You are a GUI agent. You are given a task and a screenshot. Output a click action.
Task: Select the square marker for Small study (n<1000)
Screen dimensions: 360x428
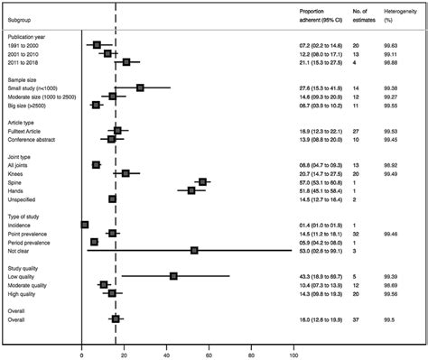[x=141, y=88]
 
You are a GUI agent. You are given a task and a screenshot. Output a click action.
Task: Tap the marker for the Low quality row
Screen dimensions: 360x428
[x=173, y=276]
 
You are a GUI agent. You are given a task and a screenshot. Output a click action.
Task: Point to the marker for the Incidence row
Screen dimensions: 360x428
[x=85, y=225]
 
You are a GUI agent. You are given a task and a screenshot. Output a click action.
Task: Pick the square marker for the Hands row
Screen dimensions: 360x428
[x=191, y=190]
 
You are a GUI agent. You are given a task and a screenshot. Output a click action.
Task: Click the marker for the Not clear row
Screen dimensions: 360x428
[x=194, y=251]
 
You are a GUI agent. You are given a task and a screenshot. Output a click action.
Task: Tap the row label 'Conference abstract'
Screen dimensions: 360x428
[x=35, y=139]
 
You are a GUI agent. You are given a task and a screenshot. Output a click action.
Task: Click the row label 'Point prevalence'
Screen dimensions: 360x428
[x=33, y=234]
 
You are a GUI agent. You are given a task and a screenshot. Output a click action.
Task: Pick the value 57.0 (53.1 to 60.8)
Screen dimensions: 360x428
[x=323, y=181]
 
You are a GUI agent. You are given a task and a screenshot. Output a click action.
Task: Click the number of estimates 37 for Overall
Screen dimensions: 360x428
[x=357, y=318]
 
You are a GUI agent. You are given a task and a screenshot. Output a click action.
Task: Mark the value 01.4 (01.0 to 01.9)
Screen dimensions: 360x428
[x=323, y=225]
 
